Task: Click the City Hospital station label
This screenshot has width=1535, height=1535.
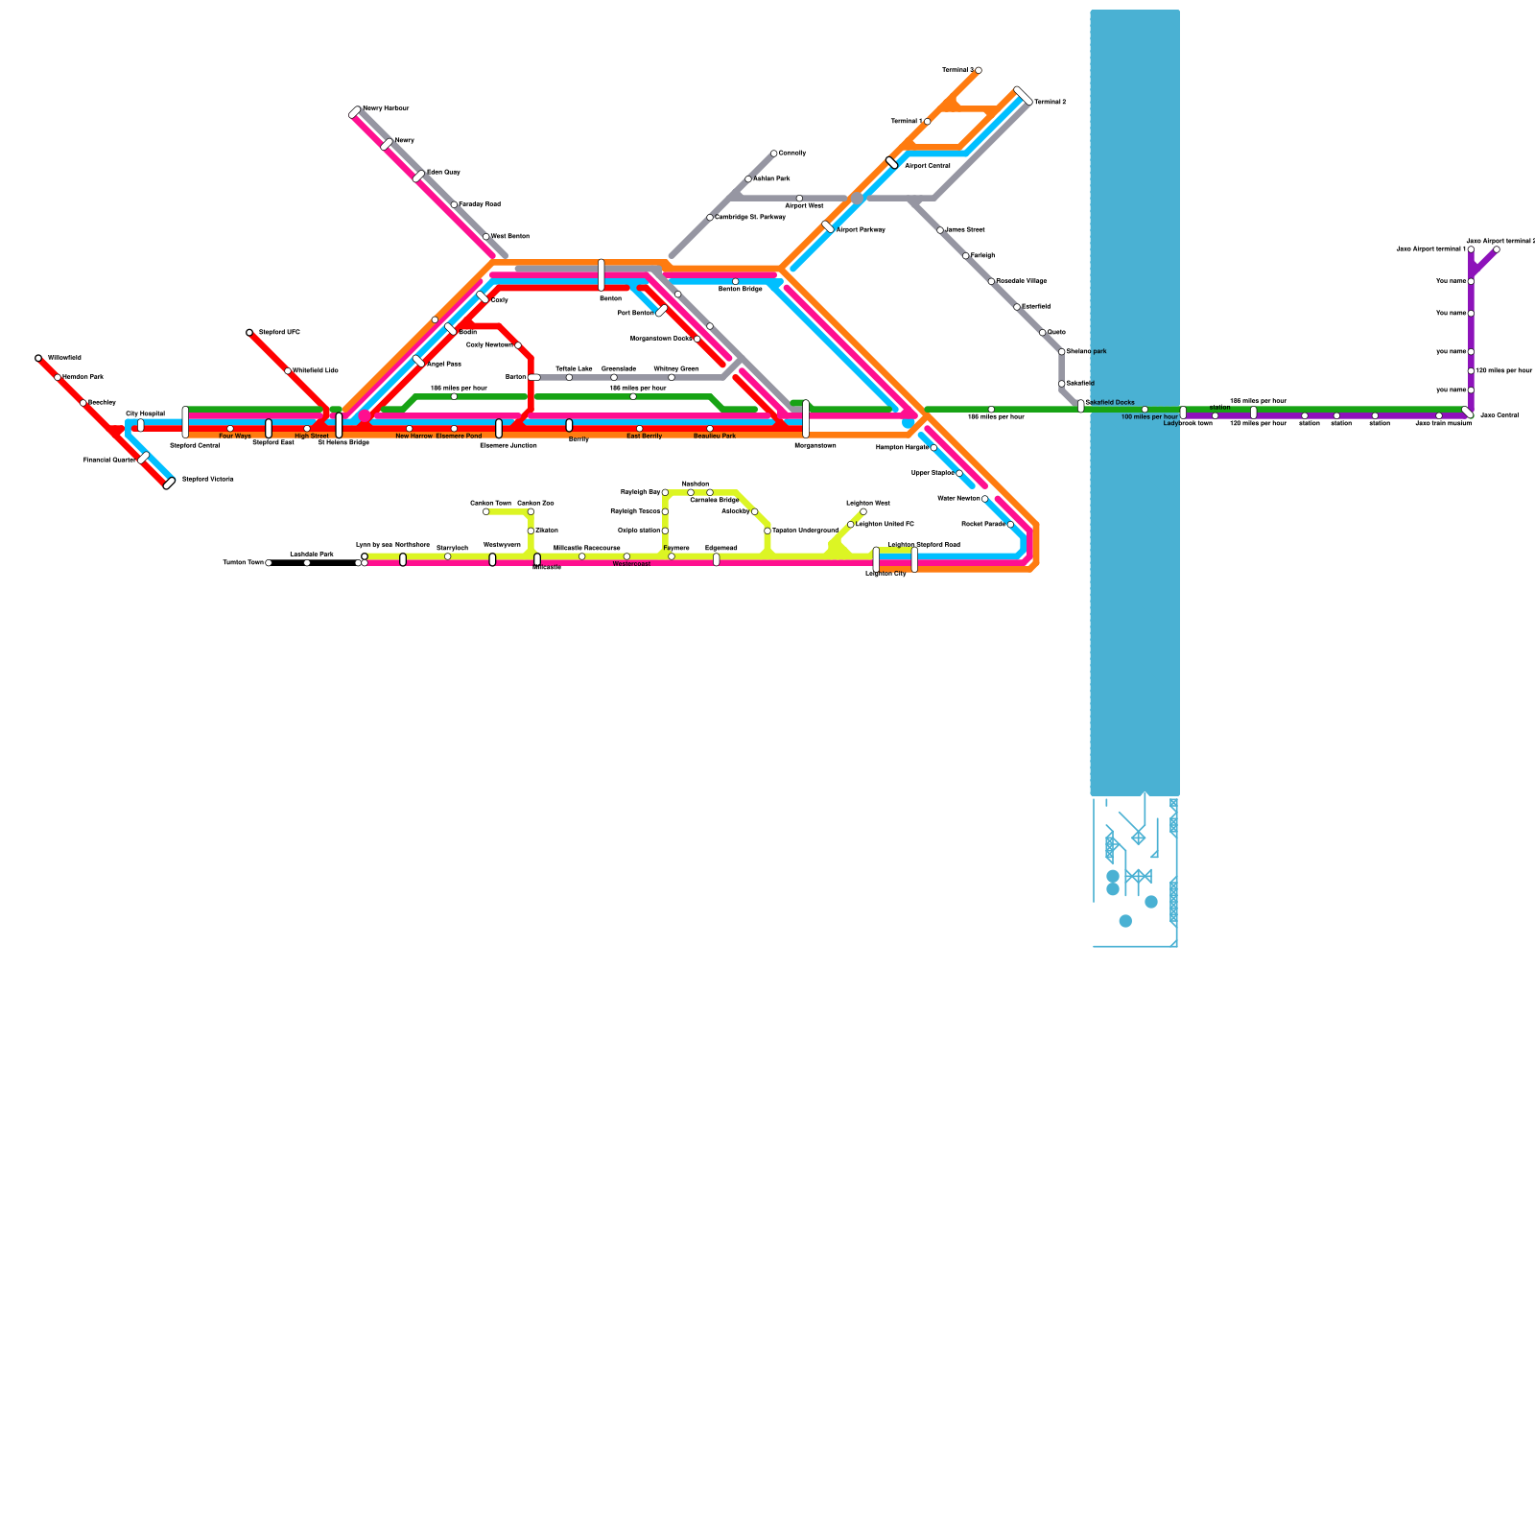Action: (x=145, y=413)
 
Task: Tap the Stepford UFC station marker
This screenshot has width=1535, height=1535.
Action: (x=249, y=333)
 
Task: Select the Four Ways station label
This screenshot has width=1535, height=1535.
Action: (x=235, y=437)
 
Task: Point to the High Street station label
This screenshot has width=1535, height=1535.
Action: (x=312, y=437)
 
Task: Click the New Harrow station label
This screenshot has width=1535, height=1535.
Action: (x=414, y=437)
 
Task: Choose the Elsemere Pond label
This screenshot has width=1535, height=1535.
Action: (x=459, y=437)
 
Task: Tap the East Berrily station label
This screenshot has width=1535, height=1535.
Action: (x=644, y=437)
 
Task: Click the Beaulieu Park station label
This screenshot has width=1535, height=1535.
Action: (x=715, y=437)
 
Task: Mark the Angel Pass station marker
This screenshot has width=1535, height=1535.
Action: (x=418, y=362)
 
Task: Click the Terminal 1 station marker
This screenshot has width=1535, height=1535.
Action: (x=928, y=122)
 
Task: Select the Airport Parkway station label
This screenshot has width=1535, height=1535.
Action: (x=861, y=230)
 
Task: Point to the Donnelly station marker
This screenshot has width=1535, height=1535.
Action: (x=774, y=153)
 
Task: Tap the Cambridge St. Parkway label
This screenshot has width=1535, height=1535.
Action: (x=750, y=218)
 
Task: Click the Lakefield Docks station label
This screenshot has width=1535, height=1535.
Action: (x=1110, y=403)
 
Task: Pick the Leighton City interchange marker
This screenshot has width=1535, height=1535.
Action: (x=876, y=558)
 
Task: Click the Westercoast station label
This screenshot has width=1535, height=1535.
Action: (x=631, y=564)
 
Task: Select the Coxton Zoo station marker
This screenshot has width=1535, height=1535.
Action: (x=531, y=512)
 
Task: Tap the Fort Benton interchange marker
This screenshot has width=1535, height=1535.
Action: (x=662, y=311)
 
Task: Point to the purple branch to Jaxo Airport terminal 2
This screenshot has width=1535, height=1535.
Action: (x=1484, y=262)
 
